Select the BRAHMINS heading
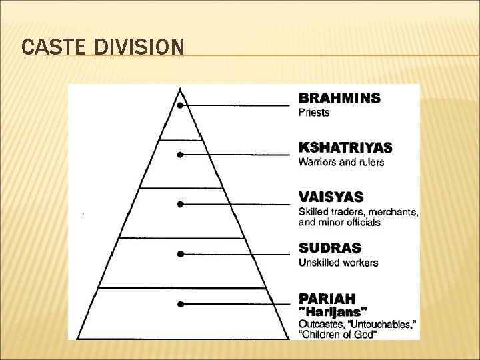(x=339, y=98)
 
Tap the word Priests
(x=314, y=113)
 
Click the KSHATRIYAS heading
(x=345, y=147)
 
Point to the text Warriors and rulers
(x=341, y=162)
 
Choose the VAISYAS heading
(x=331, y=197)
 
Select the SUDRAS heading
(x=329, y=248)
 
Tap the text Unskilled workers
(x=338, y=263)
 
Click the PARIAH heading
(x=327, y=298)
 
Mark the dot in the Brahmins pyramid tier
(x=180, y=105)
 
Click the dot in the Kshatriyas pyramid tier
(x=180, y=155)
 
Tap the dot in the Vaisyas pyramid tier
(x=180, y=204)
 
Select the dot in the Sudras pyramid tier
(x=180, y=254)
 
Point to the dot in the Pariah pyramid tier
(x=180, y=304)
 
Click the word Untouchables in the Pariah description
(x=383, y=323)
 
